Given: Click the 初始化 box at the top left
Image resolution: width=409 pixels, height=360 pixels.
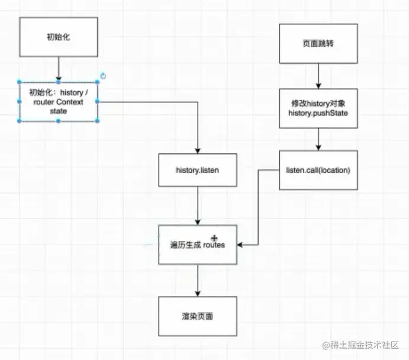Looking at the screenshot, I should [x=58, y=37].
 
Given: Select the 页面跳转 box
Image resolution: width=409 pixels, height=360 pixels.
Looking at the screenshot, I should [x=318, y=43].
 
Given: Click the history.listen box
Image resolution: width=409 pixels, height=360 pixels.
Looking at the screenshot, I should [x=198, y=171].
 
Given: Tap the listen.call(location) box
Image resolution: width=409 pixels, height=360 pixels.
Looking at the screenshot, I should [x=318, y=171].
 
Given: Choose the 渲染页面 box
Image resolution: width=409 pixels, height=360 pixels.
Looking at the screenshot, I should [x=198, y=316].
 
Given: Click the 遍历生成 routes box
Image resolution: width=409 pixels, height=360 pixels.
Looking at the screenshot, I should [x=198, y=245].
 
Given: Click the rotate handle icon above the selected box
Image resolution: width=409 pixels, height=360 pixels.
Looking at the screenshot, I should [x=103, y=76].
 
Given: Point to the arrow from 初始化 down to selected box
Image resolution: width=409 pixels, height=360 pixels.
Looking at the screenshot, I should [x=58, y=69].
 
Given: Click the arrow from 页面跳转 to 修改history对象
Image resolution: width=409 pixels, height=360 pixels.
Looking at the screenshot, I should [x=318, y=75].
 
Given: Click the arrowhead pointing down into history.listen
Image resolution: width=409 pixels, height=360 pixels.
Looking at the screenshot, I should [x=198, y=150].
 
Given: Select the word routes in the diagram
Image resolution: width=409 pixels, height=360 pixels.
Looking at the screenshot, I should [x=214, y=245].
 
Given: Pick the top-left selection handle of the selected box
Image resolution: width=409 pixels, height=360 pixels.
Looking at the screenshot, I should [x=20, y=83].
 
